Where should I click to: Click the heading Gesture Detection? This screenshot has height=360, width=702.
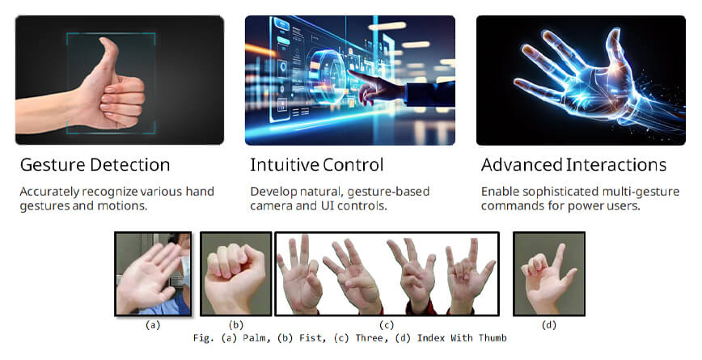click(95, 165)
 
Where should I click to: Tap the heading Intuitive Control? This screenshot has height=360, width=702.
click(316, 165)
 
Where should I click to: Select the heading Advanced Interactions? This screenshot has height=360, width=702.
click(573, 165)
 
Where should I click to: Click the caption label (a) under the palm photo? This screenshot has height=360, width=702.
click(151, 325)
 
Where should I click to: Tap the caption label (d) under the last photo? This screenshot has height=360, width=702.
click(549, 325)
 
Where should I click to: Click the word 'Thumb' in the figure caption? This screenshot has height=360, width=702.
click(490, 338)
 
